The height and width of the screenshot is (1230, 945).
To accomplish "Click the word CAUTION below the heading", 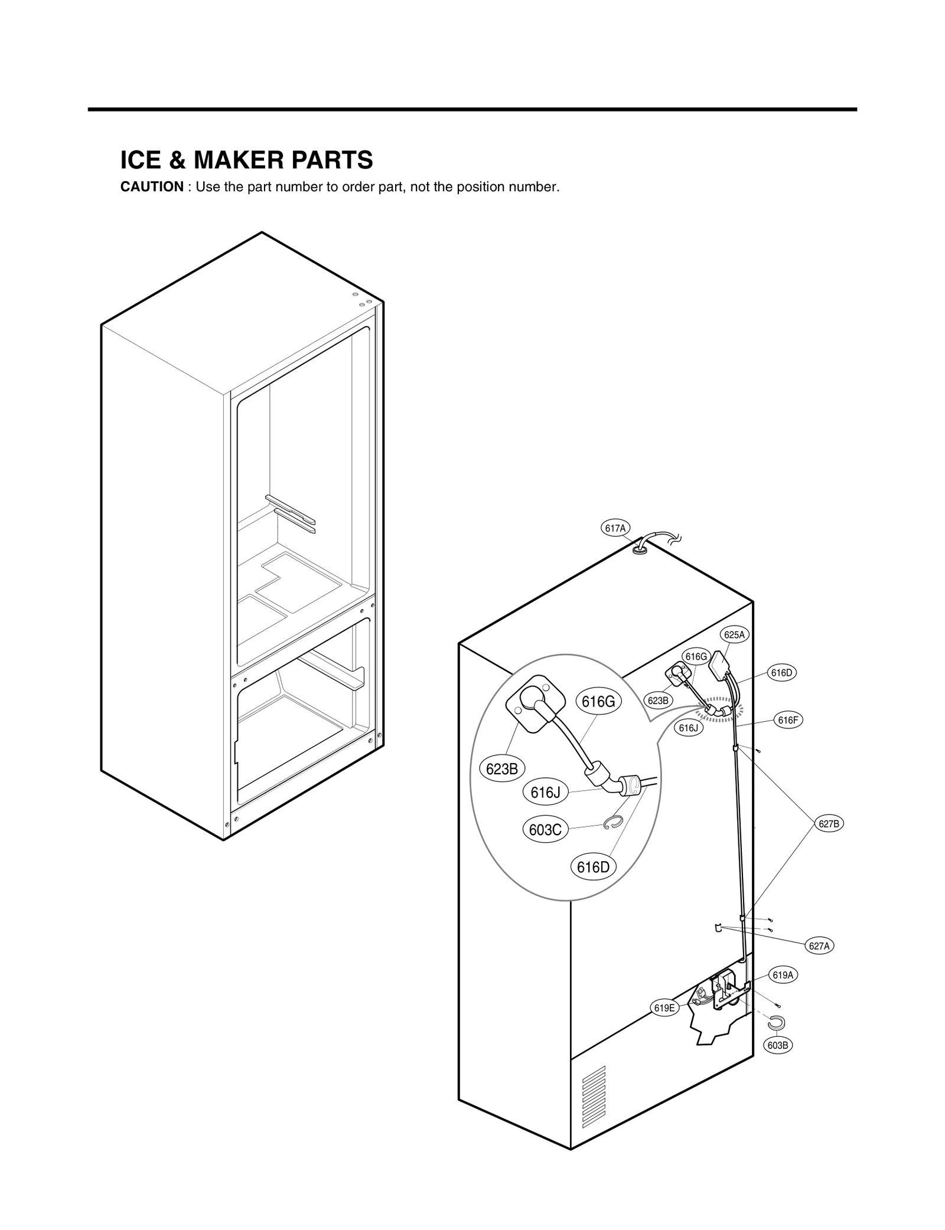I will (152, 187).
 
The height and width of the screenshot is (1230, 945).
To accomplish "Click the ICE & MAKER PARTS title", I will (246, 160).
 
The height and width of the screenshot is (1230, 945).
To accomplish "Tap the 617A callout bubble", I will (615, 528).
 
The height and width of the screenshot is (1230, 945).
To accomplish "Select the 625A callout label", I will (735, 635).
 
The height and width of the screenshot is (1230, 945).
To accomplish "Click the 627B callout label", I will (829, 824).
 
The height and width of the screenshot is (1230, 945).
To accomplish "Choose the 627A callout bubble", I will (819, 946).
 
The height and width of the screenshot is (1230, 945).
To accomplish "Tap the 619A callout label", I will (783, 976).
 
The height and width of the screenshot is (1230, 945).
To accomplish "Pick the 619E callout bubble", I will (664, 1008).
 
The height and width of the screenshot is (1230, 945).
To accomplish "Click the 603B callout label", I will (778, 1045).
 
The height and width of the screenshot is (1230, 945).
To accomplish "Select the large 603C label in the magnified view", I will (545, 830).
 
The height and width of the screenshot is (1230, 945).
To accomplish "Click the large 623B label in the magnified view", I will (501, 769).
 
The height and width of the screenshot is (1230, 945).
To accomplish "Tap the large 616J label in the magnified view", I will (545, 793).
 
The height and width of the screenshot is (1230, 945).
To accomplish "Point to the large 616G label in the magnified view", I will (598, 702).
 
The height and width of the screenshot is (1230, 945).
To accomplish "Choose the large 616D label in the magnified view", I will (592, 867).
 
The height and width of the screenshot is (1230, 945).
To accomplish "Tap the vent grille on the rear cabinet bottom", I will (594, 1097).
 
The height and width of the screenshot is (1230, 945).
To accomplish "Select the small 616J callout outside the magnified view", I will (688, 728).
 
